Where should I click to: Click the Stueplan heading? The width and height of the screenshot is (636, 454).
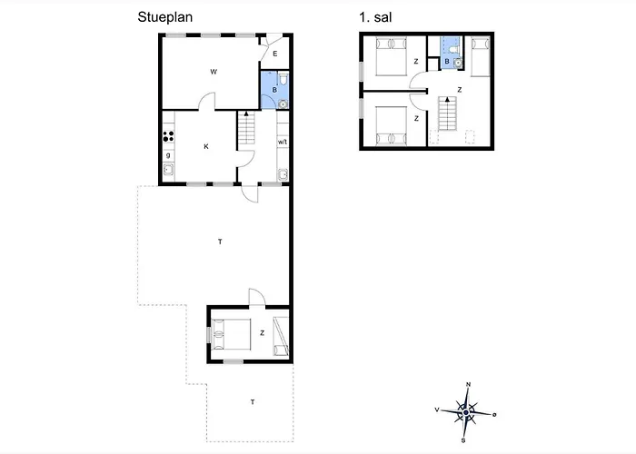point(165,17)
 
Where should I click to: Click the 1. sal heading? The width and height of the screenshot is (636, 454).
point(375,17)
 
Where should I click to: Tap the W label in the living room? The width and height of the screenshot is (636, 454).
point(214,72)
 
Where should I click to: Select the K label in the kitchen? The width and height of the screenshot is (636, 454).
point(206,146)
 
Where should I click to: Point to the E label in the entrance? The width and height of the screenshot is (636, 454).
point(275,54)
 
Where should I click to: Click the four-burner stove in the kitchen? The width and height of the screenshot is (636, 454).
point(168,136)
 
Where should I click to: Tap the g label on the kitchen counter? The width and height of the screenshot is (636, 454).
point(168,155)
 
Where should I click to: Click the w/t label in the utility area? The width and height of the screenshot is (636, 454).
point(283,142)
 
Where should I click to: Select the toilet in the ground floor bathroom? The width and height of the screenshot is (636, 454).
point(283,79)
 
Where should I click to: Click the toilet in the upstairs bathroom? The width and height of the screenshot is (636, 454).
point(454,48)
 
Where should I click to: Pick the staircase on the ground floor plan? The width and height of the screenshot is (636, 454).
point(246,128)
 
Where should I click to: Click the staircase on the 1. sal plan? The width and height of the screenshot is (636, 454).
point(447,113)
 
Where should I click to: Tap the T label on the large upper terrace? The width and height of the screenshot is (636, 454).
point(220,242)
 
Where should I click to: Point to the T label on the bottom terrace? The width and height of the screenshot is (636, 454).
point(253,402)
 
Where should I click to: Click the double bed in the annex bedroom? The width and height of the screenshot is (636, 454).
point(231,334)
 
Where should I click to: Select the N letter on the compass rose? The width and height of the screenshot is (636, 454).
point(468,384)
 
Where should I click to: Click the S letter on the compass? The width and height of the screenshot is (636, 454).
point(463,440)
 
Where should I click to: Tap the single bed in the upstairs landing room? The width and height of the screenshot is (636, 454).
point(481,56)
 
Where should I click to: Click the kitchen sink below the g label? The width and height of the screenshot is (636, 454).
point(169,170)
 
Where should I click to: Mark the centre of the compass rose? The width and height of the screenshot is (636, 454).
point(466,412)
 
